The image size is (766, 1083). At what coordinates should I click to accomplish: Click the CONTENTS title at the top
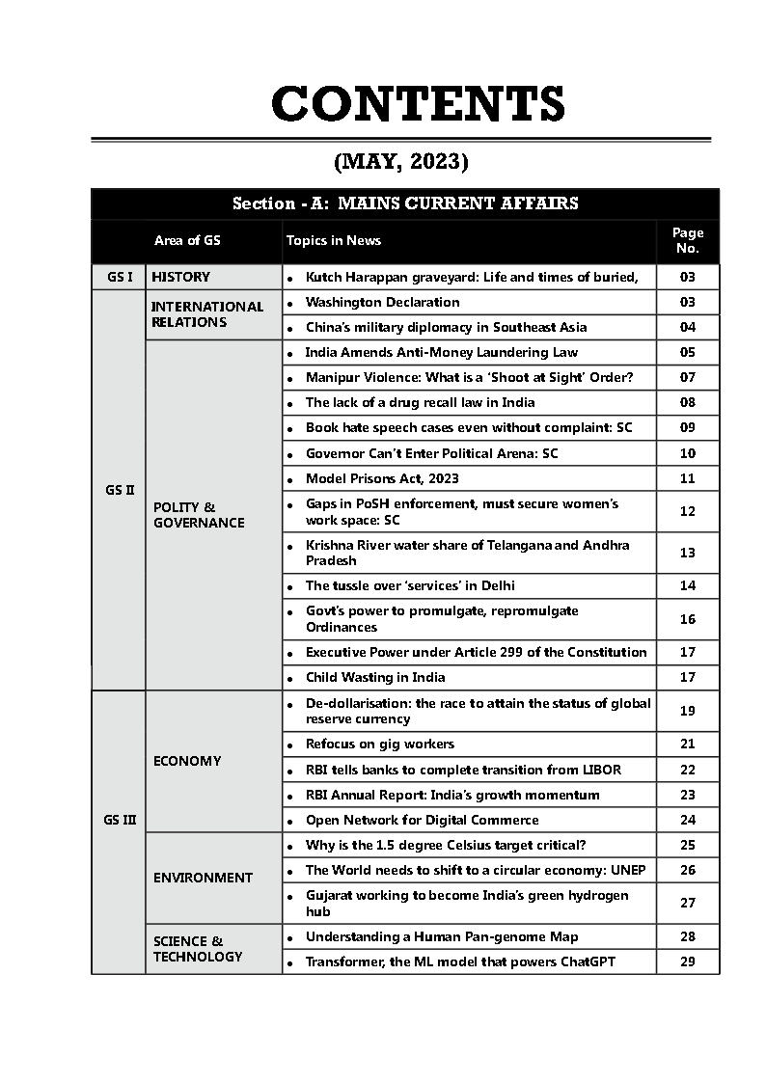(x=418, y=104)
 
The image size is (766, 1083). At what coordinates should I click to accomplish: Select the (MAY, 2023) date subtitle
(x=400, y=161)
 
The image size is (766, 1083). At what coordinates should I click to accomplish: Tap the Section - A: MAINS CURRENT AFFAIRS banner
(x=405, y=203)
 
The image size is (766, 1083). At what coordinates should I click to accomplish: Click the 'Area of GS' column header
(x=187, y=240)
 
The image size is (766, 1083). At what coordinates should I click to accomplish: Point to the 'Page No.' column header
(x=687, y=240)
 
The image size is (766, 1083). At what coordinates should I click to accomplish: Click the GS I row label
(x=120, y=277)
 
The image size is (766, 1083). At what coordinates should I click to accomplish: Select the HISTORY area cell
(x=180, y=277)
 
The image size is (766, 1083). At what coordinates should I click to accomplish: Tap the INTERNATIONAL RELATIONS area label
(x=206, y=314)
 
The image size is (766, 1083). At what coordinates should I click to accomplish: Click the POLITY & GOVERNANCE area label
(x=199, y=515)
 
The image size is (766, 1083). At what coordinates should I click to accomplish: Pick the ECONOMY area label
(x=187, y=761)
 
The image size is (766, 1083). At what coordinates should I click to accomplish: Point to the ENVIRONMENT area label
(x=203, y=878)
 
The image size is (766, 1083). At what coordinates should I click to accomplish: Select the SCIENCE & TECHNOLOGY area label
(x=198, y=949)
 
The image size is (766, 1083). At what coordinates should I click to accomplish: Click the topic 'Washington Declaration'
(x=382, y=302)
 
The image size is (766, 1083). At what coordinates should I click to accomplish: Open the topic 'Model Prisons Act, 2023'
(x=382, y=478)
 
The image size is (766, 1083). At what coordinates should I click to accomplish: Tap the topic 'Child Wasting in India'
(x=375, y=677)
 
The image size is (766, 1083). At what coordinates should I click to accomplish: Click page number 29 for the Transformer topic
(x=687, y=961)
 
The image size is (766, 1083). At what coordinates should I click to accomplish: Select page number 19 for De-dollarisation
(x=687, y=711)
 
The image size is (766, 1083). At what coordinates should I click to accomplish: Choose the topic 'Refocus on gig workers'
(x=379, y=744)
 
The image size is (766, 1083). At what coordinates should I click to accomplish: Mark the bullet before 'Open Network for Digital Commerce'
(x=290, y=821)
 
